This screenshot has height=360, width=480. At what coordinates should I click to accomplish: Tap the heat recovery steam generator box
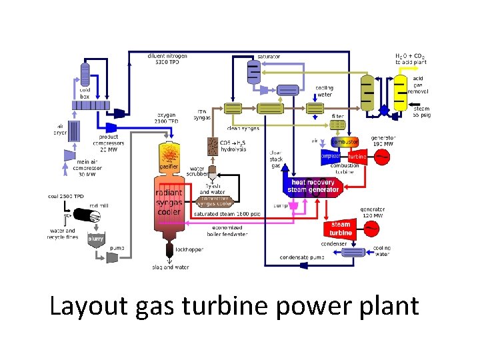(314, 186)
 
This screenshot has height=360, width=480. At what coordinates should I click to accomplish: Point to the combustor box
(345, 142)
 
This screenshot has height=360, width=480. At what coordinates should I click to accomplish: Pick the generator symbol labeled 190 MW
(382, 156)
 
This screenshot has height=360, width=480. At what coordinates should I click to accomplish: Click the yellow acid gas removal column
(399, 93)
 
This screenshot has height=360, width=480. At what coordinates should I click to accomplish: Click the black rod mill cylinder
(87, 215)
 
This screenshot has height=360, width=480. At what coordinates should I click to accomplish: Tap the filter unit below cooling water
(338, 125)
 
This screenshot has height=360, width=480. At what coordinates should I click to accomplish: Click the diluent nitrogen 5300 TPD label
(167, 59)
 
